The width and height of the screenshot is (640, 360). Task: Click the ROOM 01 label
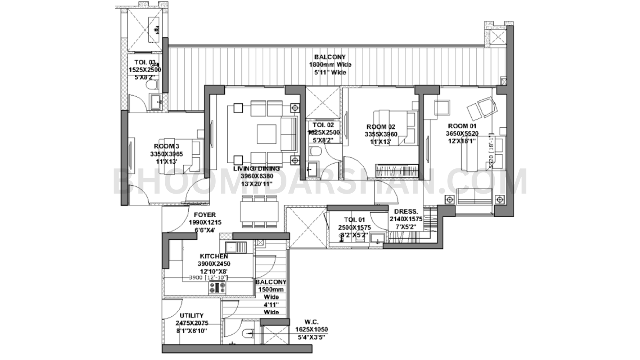click(462, 126)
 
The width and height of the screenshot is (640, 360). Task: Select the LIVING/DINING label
click(256, 169)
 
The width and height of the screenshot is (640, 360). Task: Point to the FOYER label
click(204, 215)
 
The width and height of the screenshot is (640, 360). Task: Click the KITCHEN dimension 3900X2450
click(214, 264)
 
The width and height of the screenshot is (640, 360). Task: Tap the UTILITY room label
click(191, 316)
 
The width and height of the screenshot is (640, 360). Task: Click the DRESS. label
click(406, 212)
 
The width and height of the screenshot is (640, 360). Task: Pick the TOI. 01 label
click(354, 220)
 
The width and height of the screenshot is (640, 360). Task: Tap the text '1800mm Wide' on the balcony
click(330, 65)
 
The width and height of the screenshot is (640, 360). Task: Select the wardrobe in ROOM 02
click(397, 171)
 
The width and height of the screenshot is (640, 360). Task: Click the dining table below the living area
click(259, 211)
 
